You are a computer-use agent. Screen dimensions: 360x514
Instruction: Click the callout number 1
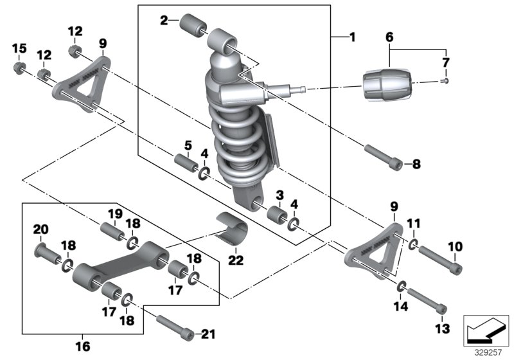pyautogui.click(x=351, y=38)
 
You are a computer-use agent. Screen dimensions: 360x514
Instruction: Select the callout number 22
pyautogui.click(x=236, y=259)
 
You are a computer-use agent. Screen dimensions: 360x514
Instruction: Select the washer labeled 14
pyautogui.click(x=401, y=285)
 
